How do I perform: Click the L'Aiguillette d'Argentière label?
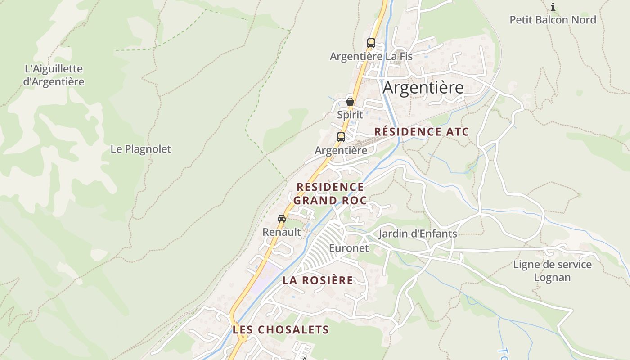tap(54, 75)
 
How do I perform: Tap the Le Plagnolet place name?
tap(141, 149)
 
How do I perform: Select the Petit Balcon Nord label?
tap(553, 20)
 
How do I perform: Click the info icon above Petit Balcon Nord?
tap(553, 7)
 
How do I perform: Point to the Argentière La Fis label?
tap(371, 56)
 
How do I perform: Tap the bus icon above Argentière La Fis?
tap(371, 43)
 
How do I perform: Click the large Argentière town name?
tap(423, 87)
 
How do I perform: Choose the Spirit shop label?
tap(350, 115)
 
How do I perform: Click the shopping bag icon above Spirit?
tap(350, 102)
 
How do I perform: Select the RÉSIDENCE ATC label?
tap(421, 132)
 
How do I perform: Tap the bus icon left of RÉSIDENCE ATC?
tap(341, 137)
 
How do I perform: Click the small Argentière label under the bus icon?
tap(341, 150)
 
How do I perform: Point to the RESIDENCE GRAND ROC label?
tap(330, 193)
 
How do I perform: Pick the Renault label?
tap(281, 232)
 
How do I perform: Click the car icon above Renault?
tap(282, 219)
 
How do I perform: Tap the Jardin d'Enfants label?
tap(418, 234)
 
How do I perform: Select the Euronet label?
tap(348, 248)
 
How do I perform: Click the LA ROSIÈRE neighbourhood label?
tap(318, 280)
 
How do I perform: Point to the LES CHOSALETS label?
tap(281, 330)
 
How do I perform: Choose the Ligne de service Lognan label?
tap(552, 270)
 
